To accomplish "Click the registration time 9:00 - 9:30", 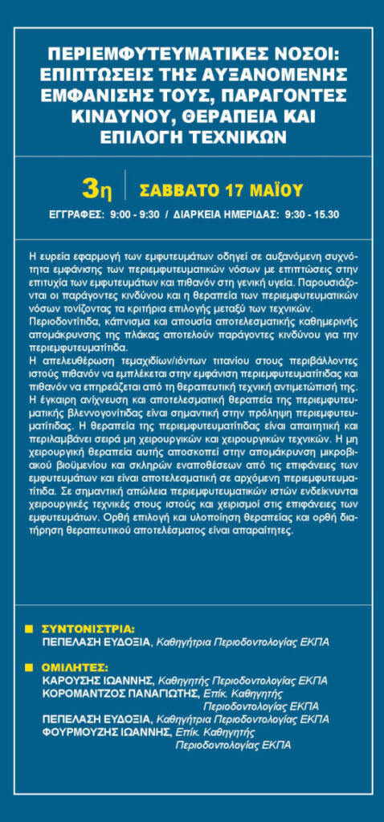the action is (x=134, y=214).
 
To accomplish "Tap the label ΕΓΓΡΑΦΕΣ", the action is (x=76, y=214).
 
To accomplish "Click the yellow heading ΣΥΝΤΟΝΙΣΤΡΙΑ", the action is (x=88, y=629).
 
